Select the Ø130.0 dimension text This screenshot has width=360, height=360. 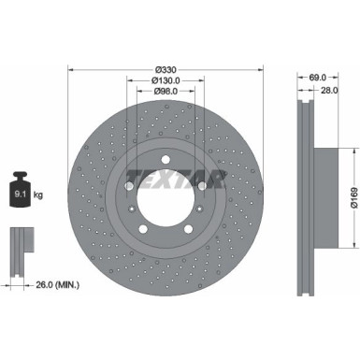click(166, 80)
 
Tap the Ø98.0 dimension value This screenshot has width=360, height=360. click(166, 91)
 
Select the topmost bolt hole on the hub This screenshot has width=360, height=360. click(166, 154)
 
